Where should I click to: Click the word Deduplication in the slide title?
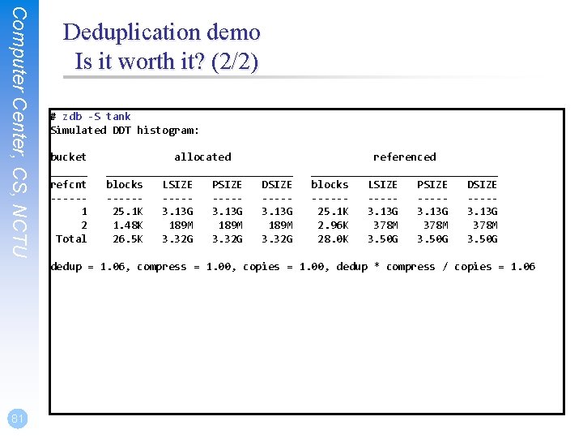click(133, 32)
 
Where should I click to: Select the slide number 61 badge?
click(18, 418)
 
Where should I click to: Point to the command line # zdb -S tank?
click(90, 117)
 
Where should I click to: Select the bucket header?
click(68, 157)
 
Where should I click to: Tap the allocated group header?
click(202, 157)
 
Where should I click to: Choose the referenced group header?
click(404, 157)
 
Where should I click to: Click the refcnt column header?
click(68, 185)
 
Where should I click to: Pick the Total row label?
click(71, 239)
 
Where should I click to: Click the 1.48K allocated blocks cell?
click(127, 225)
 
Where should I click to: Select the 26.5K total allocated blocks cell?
click(127, 239)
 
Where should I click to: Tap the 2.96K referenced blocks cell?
click(333, 225)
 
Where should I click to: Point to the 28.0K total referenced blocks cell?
click(333, 239)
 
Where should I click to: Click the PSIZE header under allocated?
click(227, 185)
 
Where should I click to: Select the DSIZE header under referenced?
click(482, 185)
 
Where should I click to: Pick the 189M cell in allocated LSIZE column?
click(180, 225)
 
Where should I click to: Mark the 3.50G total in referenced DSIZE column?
click(482, 239)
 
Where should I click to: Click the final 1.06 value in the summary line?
click(522, 267)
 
